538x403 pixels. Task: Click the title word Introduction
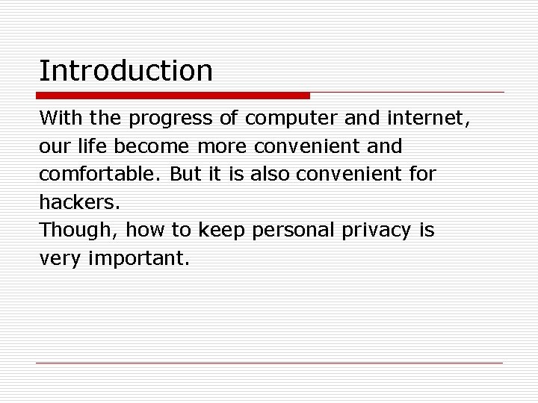[126, 71]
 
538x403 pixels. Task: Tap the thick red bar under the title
[173, 96]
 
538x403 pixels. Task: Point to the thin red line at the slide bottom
[269, 363]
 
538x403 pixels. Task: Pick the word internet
[429, 118]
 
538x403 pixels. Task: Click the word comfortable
[101, 175]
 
